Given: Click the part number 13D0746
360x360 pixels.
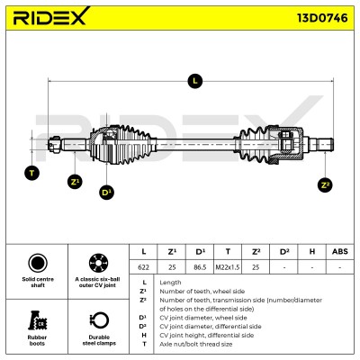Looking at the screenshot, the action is pyautogui.click(x=322, y=18).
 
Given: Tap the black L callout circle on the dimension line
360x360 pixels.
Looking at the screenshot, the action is pyautogui.click(x=195, y=81).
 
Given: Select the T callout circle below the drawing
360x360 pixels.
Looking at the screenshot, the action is pyautogui.click(x=31, y=173).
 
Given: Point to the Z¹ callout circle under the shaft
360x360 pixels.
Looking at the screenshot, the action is pyautogui.click(x=75, y=182).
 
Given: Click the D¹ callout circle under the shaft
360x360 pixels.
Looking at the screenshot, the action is pyautogui.click(x=107, y=192).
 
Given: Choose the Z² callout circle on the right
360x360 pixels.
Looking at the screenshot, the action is pyautogui.click(x=325, y=185).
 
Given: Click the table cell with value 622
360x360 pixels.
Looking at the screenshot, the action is pyautogui.click(x=143, y=267).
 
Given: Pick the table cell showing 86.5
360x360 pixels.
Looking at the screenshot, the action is pyautogui.click(x=200, y=267).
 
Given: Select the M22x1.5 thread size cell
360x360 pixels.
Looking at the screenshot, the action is pyautogui.click(x=228, y=267).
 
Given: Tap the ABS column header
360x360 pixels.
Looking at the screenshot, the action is pyautogui.click(x=340, y=251).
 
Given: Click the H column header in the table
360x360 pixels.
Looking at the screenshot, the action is pyautogui.click(x=312, y=251).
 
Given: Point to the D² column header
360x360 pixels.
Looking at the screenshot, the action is pyautogui.click(x=284, y=251).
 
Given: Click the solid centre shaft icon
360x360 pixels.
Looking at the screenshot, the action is pyautogui.click(x=38, y=263).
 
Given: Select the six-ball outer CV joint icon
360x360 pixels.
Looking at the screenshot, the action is pyautogui.click(x=98, y=263).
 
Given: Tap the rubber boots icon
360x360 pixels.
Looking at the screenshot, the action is pyautogui.click(x=38, y=320).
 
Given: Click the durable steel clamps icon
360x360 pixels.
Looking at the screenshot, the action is pyautogui.click(x=99, y=320).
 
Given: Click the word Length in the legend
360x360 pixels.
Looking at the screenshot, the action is pyautogui.click(x=170, y=283).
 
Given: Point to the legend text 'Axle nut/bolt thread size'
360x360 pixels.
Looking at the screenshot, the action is pyautogui.click(x=196, y=344).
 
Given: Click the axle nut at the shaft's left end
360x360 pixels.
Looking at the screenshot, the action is pyautogui.click(x=55, y=145).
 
